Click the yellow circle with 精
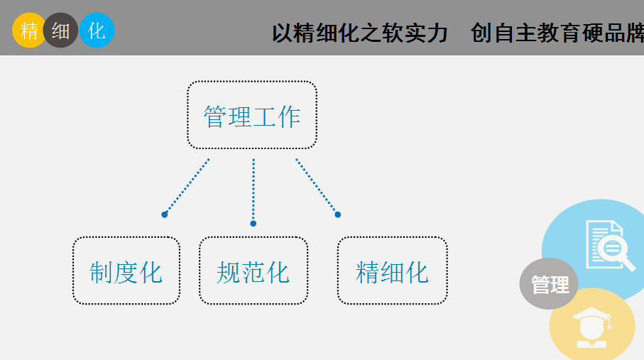(28, 30)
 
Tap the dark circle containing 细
(60, 30)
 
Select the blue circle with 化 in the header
(97, 30)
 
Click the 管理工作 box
(252, 114)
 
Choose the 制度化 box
(126, 271)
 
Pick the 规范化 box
(253, 271)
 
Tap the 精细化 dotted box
(392, 271)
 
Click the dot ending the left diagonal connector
(164, 214)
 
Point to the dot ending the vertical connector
(253, 224)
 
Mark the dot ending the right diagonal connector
(337, 214)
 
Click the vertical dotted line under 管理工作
(253, 190)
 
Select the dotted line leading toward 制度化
(187, 186)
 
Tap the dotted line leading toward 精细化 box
(316, 186)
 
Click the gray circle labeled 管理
(549, 283)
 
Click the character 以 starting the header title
(283, 33)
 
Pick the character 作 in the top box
(289, 116)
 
